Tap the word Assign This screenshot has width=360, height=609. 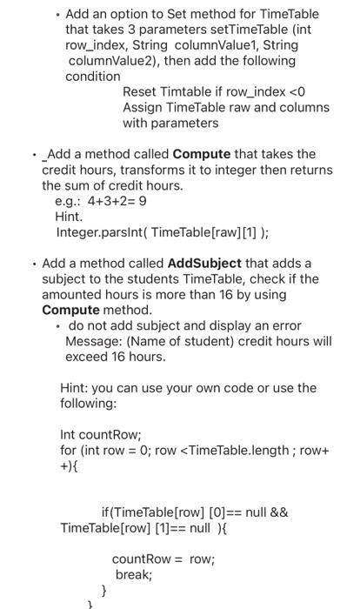pos(143,107)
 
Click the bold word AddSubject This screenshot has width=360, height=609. pos(203,263)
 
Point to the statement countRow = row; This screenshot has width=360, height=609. pos(163,559)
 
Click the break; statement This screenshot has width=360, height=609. pos(134,574)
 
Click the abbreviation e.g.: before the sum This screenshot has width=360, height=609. pos(70,201)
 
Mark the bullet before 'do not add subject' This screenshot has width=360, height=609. pos(57,325)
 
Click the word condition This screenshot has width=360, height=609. pos(93,77)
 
